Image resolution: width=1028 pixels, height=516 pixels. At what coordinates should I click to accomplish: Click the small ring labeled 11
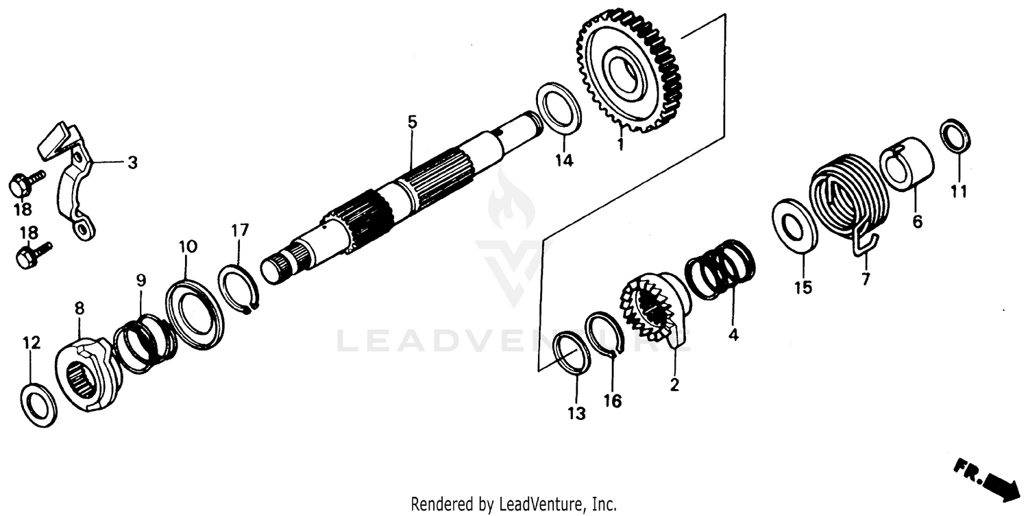click(954, 135)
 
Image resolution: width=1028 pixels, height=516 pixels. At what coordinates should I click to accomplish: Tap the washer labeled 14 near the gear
click(558, 107)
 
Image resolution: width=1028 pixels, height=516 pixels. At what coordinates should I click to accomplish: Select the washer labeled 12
click(39, 406)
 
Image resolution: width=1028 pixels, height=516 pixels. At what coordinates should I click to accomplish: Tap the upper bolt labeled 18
click(25, 183)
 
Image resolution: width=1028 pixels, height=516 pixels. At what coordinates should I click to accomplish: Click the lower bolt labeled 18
click(32, 255)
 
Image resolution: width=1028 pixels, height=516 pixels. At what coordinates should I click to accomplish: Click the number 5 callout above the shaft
click(411, 123)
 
